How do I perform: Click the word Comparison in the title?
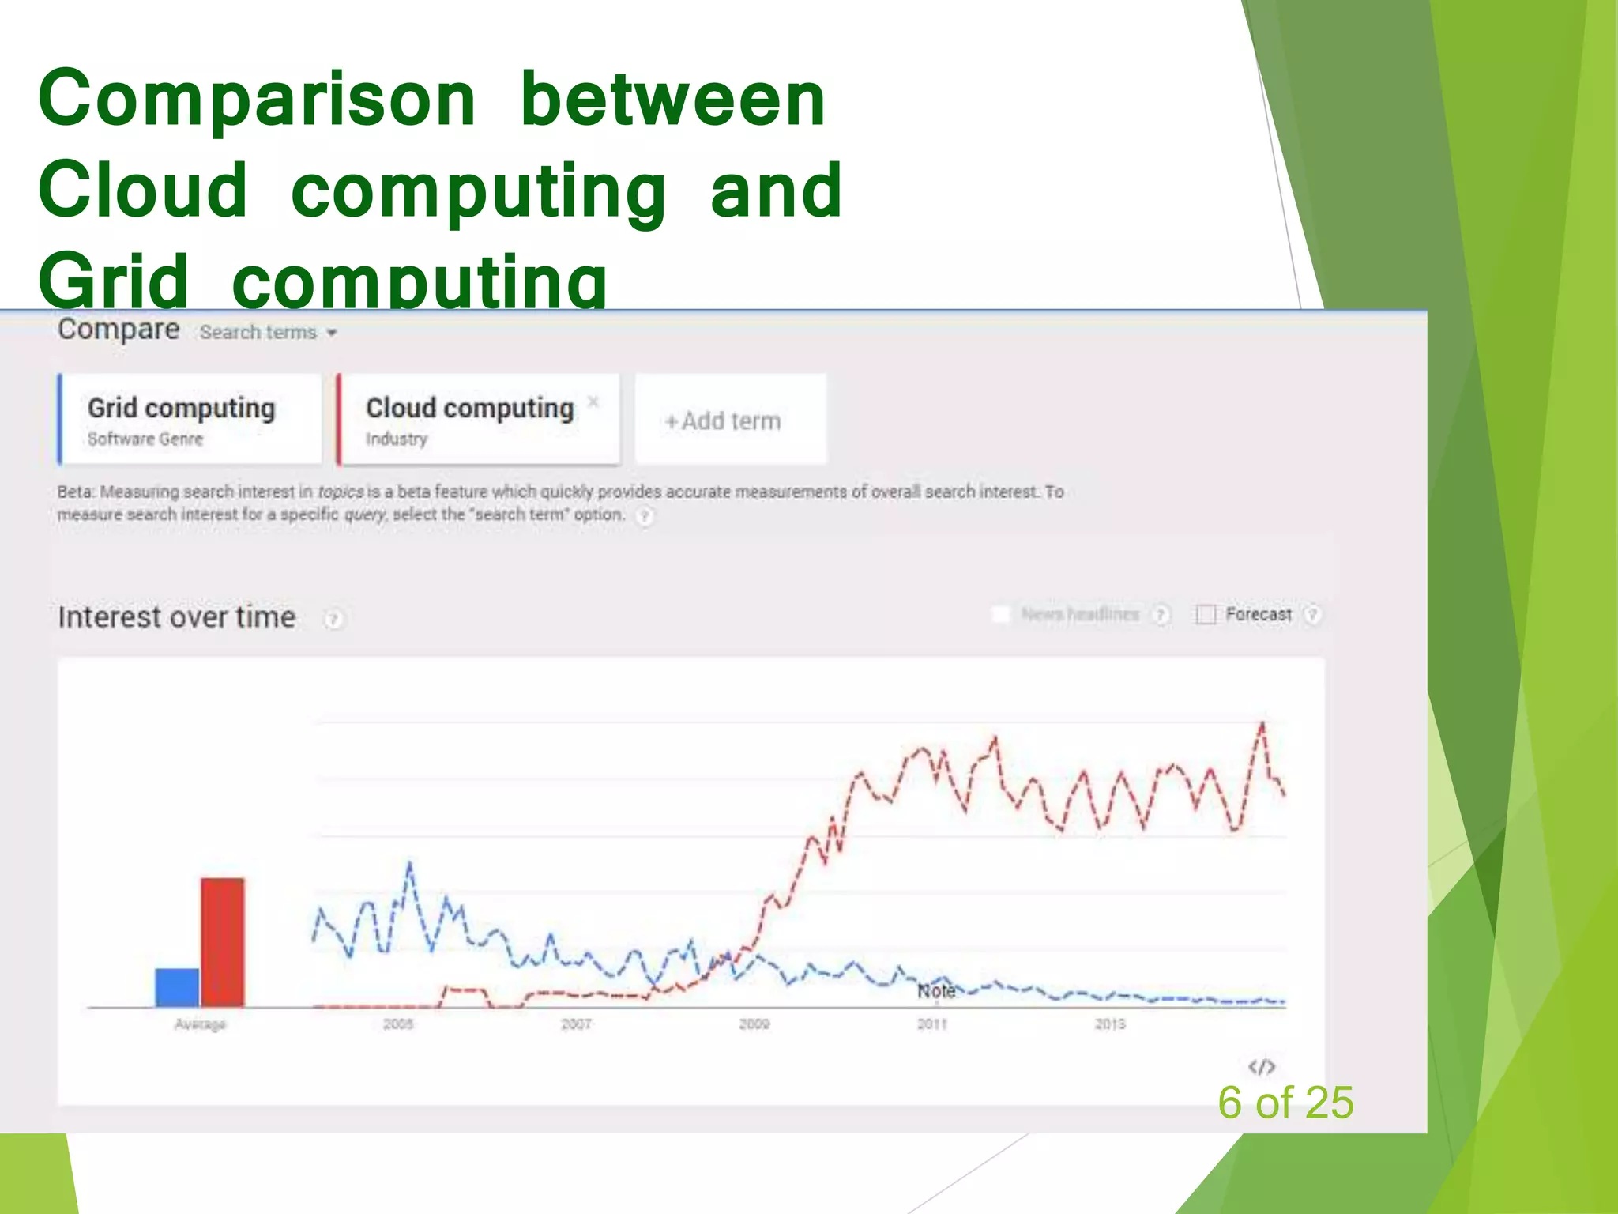click(x=257, y=100)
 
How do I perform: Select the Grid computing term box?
click(x=190, y=419)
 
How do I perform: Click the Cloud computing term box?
click(x=474, y=419)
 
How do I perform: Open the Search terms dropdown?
click(x=269, y=333)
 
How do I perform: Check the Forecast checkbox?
click(x=1206, y=614)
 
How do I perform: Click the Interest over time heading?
click(x=177, y=617)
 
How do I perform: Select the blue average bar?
click(x=177, y=987)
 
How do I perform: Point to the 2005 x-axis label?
click(x=398, y=1024)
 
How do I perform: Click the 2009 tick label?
click(x=754, y=1024)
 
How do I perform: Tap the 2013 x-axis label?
click(x=1109, y=1024)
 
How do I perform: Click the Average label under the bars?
click(x=200, y=1024)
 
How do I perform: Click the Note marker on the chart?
click(x=936, y=991)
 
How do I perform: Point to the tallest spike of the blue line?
click(x=409, y=863)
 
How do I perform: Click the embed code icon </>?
click(x=1261, y=1067)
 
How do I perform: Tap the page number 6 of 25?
click(x=1285, y=1103)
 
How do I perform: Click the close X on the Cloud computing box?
click(x=593, y=402)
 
